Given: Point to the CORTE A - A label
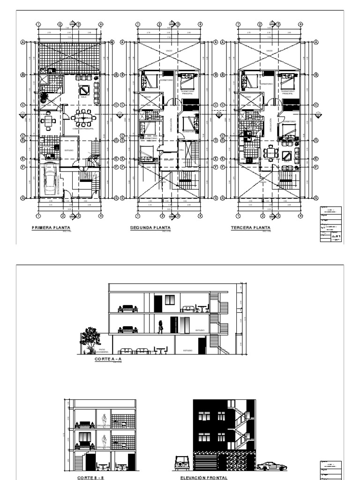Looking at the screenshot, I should pyautogui.click(x=108, y=359).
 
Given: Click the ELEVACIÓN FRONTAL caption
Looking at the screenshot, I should pyautogui.click(x=204, y=478).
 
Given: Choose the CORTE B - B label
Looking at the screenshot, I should pyautogui.click(x=87, y=478).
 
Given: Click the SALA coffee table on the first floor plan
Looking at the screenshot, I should pyautogui.click(x=84, y=89).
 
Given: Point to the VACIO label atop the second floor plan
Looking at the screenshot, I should pyautogui.click(x=169, y=51).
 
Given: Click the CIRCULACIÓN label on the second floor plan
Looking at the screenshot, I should pyautogui.click(x=171, y=127).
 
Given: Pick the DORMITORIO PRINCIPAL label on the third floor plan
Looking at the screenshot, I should pyautogui.click(x=287, y=92).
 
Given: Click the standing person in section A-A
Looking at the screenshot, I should pyautogui.click(x=160, y=326).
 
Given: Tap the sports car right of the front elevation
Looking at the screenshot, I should pyautogui.click(x=272, y=466).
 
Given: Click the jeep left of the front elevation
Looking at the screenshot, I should pyautogui.click(x=181, y=463).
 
